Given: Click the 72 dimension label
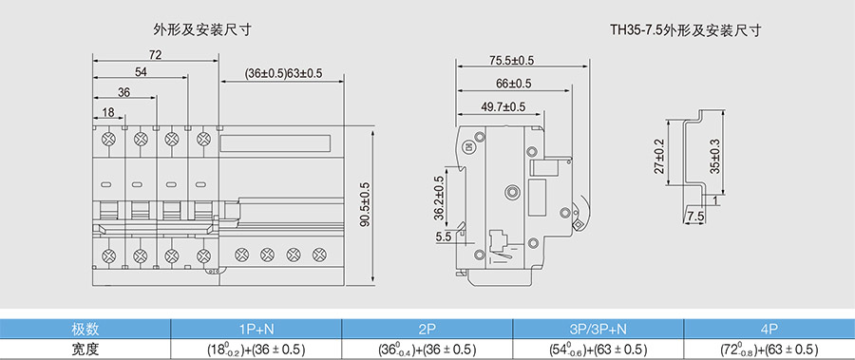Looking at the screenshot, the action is coord(156,54).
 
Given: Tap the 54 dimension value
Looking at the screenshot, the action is coord(141,72).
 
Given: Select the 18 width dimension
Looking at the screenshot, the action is coord(108,112).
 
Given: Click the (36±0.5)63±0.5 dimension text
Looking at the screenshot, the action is coord(283,73).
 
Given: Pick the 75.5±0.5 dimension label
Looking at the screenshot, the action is coord(511,60).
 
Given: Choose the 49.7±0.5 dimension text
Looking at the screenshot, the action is coord(503,107).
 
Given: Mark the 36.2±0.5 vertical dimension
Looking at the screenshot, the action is coord(438,198).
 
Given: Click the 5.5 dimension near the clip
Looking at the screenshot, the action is coord(444,237).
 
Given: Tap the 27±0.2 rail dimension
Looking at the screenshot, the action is coord(658,156).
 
